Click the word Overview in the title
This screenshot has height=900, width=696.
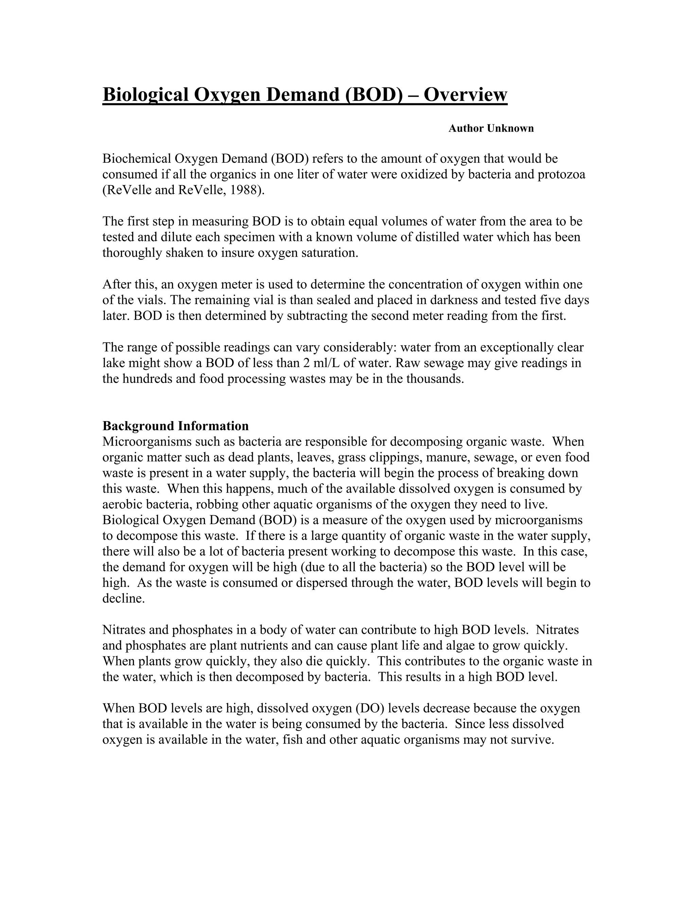(465, 95)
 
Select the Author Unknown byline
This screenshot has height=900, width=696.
(491, 129)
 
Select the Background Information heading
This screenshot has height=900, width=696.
(176, 426)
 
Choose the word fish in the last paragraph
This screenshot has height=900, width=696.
(293, 740)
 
